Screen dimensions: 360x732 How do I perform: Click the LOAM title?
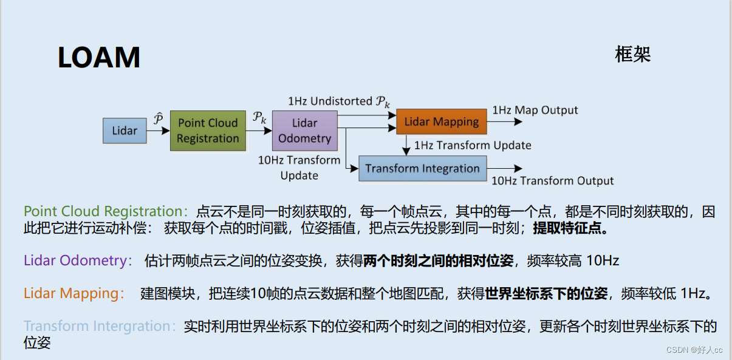99,58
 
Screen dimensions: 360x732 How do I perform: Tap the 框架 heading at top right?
632,55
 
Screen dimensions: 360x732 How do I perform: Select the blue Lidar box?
125,131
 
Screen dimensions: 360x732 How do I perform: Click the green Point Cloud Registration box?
208,131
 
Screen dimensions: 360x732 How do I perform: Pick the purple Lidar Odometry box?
304,131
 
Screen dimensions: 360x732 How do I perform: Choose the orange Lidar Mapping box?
442,121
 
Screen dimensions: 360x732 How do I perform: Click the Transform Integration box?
422,169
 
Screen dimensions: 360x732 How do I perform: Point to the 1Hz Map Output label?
535,110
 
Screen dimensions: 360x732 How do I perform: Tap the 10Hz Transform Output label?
552,181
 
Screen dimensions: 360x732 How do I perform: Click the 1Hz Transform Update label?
473,145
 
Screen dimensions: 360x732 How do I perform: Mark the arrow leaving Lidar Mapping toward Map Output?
504,121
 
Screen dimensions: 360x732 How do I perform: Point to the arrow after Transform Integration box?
504,169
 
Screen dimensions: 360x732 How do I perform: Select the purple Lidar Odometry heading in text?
78,261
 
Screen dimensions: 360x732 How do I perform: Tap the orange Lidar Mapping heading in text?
74,294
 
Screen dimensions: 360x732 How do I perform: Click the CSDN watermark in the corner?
693,350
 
